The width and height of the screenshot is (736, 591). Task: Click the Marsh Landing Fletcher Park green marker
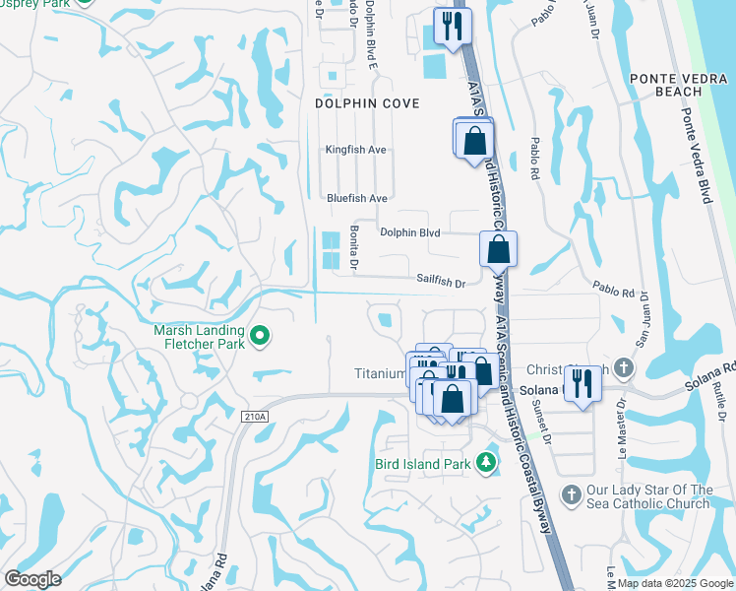pyautogui.click(x=260, y=337)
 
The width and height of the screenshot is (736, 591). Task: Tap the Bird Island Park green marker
pyautogui.click(x=485, y=462)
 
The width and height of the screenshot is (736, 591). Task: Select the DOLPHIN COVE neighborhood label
pyautogui.click(x=367, y=103)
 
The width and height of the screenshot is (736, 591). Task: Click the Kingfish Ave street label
pyautogui.click(x=356, y=150)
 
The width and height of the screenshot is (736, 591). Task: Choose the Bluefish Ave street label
pyautogui.click(x=357, y=198)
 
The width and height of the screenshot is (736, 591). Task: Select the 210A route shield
pyautogui.click(x=253, y=417)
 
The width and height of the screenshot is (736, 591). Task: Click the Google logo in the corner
pyautogui.click(x=32, y=579)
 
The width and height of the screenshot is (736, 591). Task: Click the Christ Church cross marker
pyautogui.click(x=621, y=368)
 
